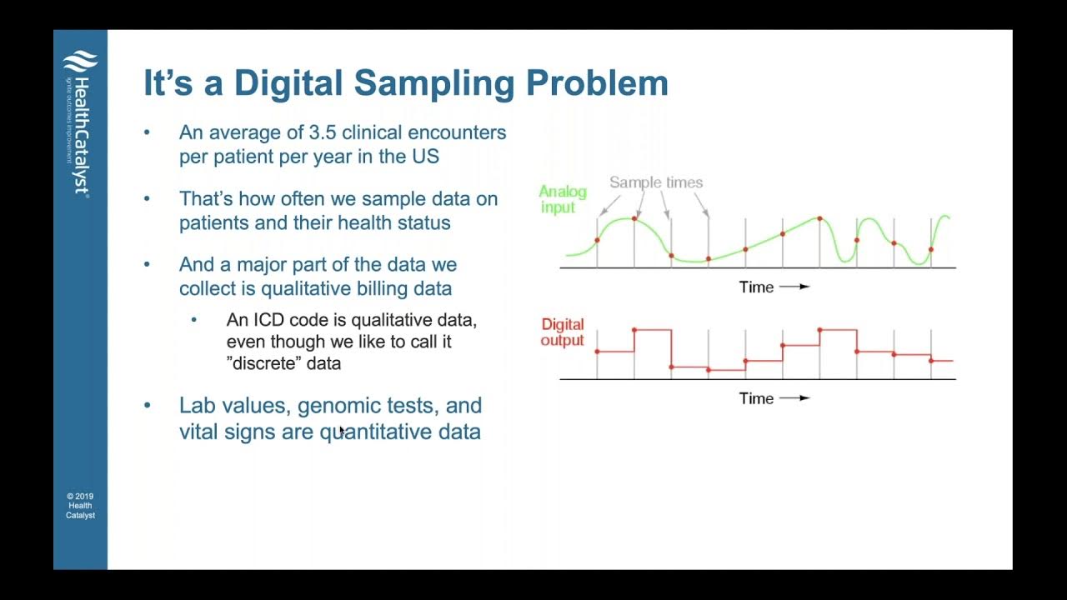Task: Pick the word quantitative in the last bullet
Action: [x=383, y=432]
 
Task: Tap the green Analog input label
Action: [x=562, y=199]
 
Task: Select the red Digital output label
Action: [x=562, y=332]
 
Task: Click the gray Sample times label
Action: [x=655, y=182]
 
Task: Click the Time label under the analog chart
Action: [x=756, y=287]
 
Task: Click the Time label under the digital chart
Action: [x=756, y=398]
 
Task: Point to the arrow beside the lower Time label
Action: [x=794, y=398]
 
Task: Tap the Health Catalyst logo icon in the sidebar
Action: [x=80, y=62]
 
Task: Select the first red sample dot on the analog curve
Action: [x=597, y=240]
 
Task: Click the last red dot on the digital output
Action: [x=931, y=360]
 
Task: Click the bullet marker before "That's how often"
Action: [x=148, y=199]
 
